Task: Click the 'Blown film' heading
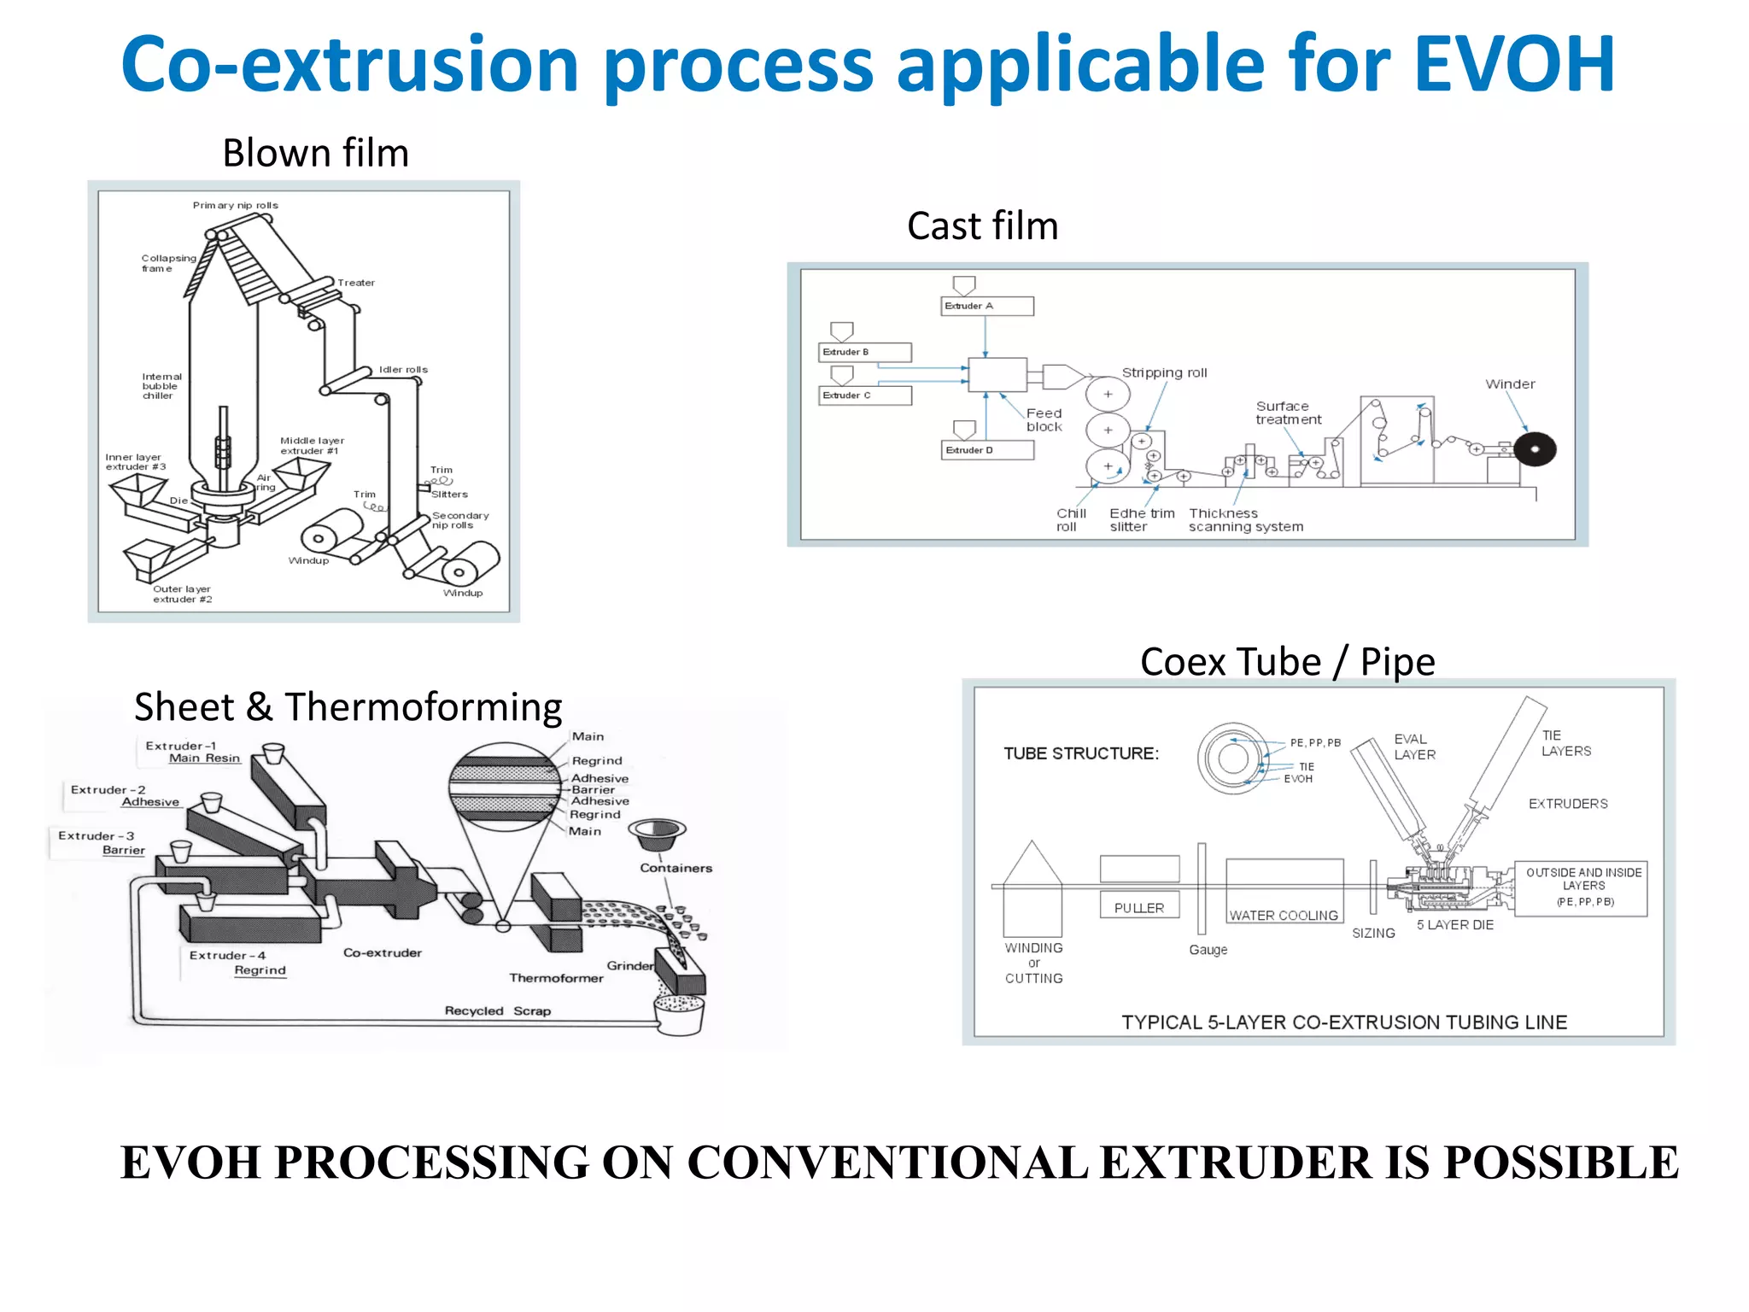coord(315,154)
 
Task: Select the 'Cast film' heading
coord(982,226)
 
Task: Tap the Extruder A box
coord(986,306)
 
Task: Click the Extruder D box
coord(987,450)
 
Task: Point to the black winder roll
coord(1534,449)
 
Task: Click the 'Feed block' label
coord(1044,419)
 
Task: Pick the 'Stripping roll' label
coord(1164,373)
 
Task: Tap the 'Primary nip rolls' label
coord(235,205)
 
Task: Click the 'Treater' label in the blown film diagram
coord(355,283)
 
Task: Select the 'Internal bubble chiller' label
coord(161,386)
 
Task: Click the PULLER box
coord(1139,907)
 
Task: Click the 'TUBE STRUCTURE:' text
coord(1081,753)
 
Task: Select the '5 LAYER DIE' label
coord(1454,925)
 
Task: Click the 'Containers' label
coord(676,868)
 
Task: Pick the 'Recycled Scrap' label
coord(497,1011)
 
